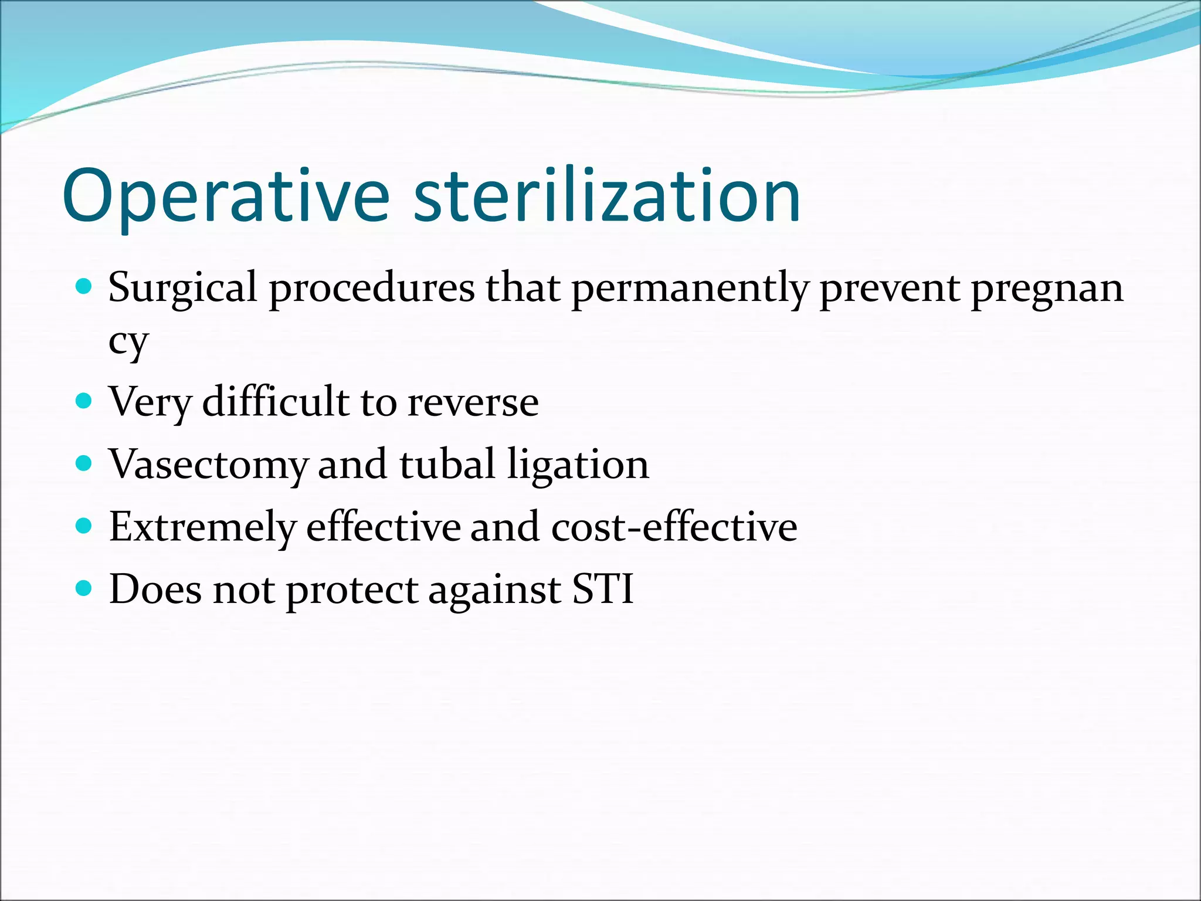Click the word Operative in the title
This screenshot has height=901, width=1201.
226,197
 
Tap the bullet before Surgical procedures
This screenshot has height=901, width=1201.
84,287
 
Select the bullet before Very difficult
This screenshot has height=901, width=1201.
84,401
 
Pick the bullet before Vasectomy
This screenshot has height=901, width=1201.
84,464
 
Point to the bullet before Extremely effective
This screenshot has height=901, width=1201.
84,526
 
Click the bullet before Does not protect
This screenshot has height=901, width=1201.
84,588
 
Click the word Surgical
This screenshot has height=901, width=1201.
183,289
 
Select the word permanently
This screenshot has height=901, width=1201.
690,289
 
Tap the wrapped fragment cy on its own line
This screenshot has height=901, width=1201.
128,341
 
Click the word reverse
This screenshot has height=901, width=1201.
473,403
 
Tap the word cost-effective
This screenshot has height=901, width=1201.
674,527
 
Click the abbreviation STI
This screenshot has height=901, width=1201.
603,589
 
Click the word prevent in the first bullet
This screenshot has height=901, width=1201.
889,289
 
